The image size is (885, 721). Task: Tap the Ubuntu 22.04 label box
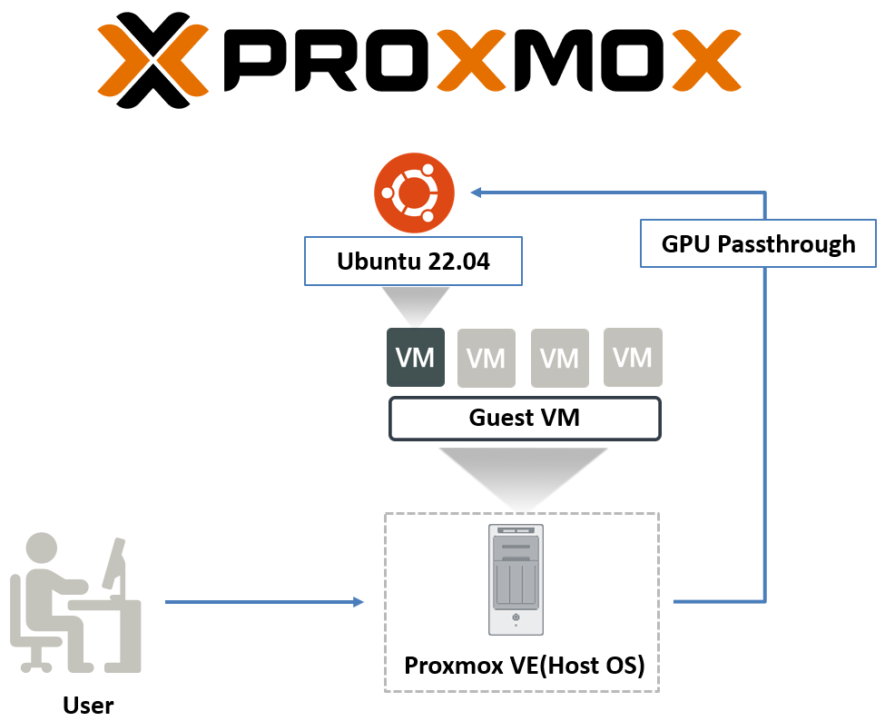[412, 263]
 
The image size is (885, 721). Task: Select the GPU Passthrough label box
[758, 243]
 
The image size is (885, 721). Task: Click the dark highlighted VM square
[416, 357]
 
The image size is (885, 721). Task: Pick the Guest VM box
[525, 418]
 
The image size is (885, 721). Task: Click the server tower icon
[515, 579]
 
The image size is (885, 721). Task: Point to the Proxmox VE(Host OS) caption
[524, 666]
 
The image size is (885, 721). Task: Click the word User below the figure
[88, 705]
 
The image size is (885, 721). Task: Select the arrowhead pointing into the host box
[358, 601]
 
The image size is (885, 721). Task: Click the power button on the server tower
[515, 618]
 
